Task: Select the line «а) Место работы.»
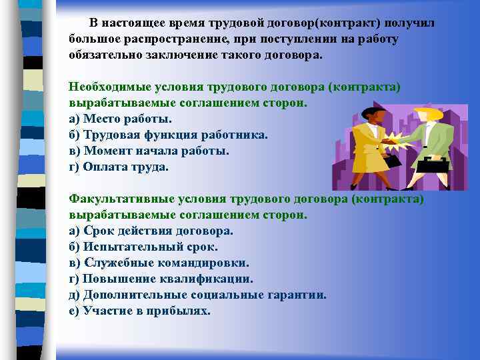point(120,119)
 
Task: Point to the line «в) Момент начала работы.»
point(149,151)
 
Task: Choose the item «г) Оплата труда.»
point(119,167)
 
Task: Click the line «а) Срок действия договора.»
point(151,231)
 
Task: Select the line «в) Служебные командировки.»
point(159,263)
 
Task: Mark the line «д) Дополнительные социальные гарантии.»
point(197,295)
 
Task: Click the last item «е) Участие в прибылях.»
point(139,311)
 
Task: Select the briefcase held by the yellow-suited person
point(392,160)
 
